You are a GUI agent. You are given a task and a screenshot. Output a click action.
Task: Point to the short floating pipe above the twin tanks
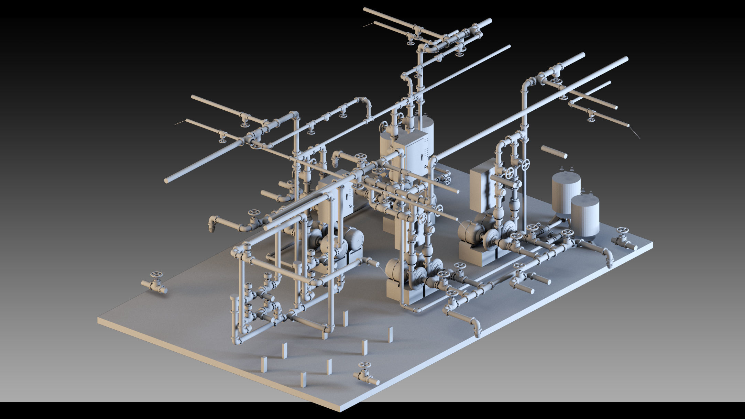click(554, 152)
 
